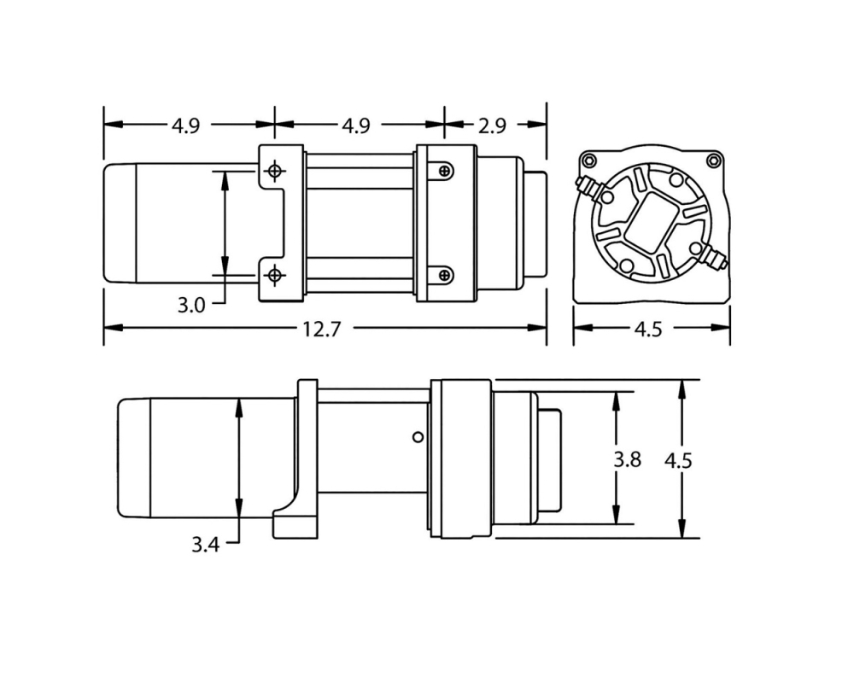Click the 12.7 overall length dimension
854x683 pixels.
(322, 329)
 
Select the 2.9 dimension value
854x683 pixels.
(493, 126)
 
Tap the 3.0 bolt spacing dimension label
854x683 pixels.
(191, 305)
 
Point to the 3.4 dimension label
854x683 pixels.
(205, 544)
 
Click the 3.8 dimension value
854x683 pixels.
(628, 459)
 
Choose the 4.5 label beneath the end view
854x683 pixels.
(648, 329)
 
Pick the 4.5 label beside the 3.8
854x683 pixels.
(678, 461)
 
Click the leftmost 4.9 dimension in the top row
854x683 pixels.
(186, 126)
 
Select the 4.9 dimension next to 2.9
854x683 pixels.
(356, 126)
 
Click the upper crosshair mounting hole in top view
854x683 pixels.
(275, 171)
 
